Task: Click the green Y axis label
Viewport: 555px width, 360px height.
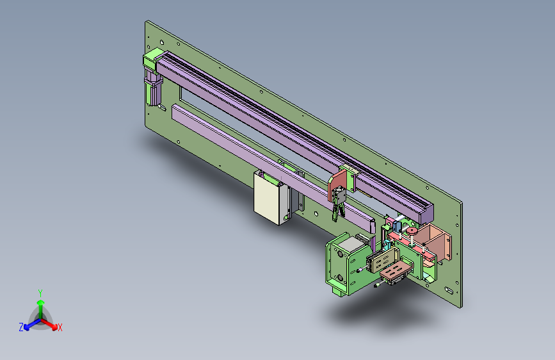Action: click(40, 293)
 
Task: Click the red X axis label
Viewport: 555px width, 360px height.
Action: click(60, 328)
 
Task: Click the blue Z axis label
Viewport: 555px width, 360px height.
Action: click(21, 327)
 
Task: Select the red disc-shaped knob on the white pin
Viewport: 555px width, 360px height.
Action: click(412, 231)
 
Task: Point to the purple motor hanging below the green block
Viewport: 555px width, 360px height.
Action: click(153, 88)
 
